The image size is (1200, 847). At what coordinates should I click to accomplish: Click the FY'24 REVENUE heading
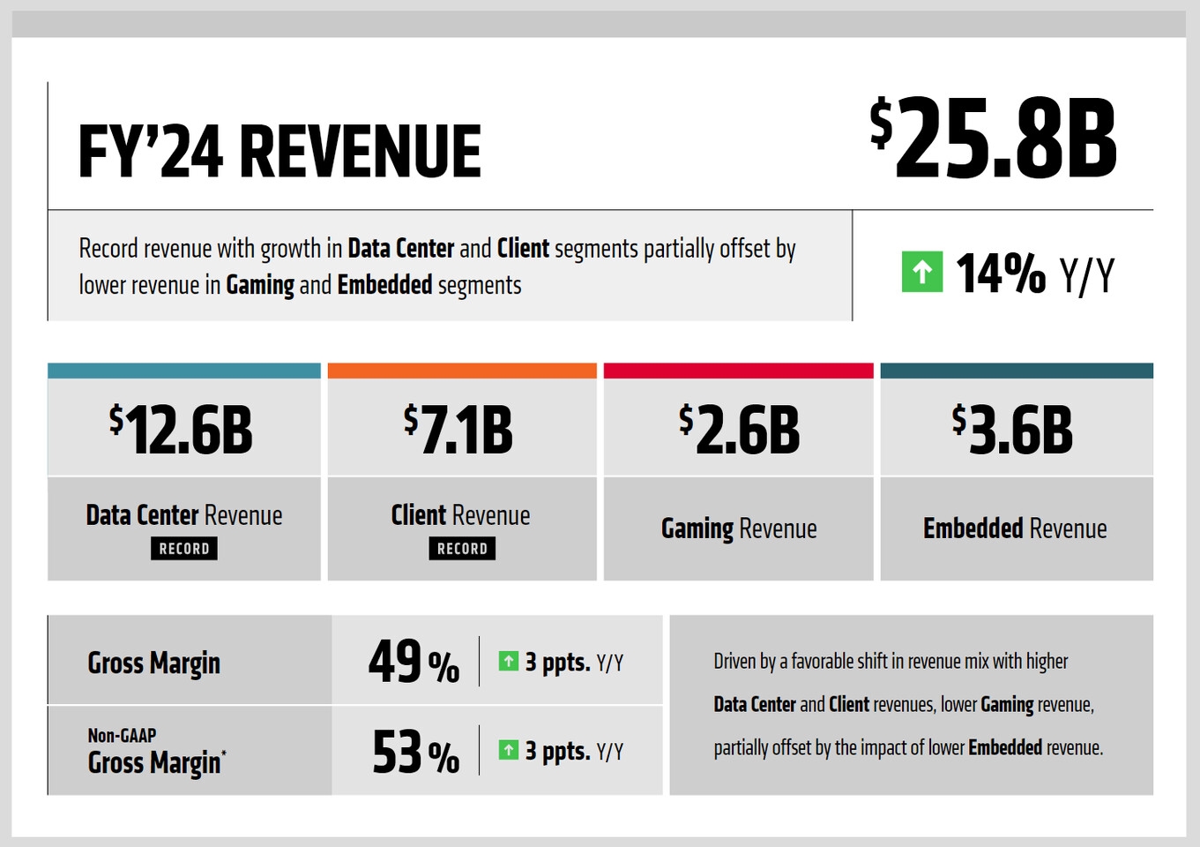pos(280,151)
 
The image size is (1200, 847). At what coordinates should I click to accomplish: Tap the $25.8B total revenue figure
pos(993,139)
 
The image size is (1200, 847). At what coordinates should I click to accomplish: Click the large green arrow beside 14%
pos(921,272)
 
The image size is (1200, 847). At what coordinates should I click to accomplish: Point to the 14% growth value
pos(1001,273)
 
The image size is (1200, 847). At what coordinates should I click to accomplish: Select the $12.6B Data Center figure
pos(182,431)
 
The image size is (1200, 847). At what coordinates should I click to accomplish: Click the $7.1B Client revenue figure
pos(458,431)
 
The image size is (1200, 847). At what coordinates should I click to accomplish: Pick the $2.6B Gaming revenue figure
pos(739,431)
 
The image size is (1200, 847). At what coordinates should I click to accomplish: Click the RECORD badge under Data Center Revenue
pos(184,549)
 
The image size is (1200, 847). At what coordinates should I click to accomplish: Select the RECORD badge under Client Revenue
pos(462,549)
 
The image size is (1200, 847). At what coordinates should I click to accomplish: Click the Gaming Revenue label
pos(739,528)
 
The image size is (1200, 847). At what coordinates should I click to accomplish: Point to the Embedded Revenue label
pos(1015,528)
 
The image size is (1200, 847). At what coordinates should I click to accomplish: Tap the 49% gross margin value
pos(414,662)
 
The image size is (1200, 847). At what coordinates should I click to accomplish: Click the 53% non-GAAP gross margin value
pos(415,753)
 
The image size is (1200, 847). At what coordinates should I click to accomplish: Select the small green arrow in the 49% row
pos(508,661)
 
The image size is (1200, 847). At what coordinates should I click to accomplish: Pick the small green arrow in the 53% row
pos(508,750)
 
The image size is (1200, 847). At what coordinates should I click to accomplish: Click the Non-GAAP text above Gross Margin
pos(122,735)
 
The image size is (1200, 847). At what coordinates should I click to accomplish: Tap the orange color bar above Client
pos(462,371)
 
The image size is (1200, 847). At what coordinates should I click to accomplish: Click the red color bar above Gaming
pos(738,371)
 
